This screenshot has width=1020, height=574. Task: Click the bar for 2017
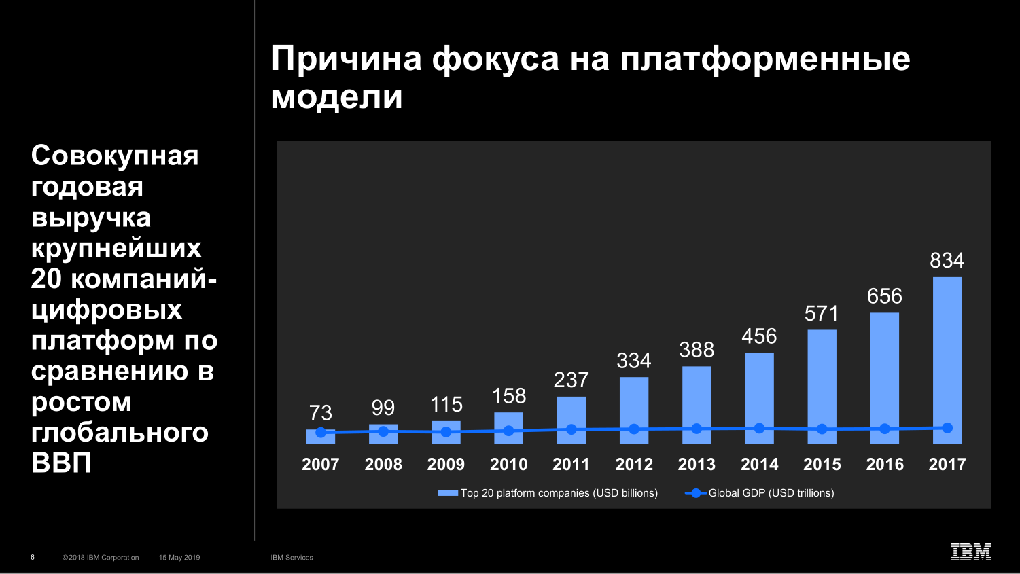[x=947, y=353]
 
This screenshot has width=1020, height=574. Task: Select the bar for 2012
[x=634, y=404]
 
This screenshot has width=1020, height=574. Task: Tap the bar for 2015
[x=822, y=380]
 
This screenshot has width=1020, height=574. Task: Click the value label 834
[x=947, y=260]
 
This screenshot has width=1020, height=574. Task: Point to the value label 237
[x=571, y=380]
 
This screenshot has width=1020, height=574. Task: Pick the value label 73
[x=321, y=412]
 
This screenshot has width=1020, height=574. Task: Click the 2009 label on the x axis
[x=446, y=465]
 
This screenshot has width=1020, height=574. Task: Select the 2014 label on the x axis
[x=759, y=465]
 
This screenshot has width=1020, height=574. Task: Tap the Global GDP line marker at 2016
[x=885, y=429]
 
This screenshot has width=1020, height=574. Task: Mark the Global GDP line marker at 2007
[x=321, y=432]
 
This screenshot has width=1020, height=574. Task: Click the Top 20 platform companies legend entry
[x=548, y=493]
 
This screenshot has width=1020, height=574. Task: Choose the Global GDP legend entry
[x=760, y=493]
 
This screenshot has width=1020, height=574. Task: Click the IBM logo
[x=971, y=552]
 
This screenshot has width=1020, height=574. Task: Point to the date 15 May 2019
[x=179, y=558]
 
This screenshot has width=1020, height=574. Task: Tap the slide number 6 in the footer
[x=33, y=557]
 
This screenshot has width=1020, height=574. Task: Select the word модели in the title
[x=337, y=96]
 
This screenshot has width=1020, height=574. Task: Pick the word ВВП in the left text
[x=61, y=463]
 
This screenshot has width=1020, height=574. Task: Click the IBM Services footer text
[x=292, y=558]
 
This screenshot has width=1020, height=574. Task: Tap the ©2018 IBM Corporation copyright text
[x=101, y=558]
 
